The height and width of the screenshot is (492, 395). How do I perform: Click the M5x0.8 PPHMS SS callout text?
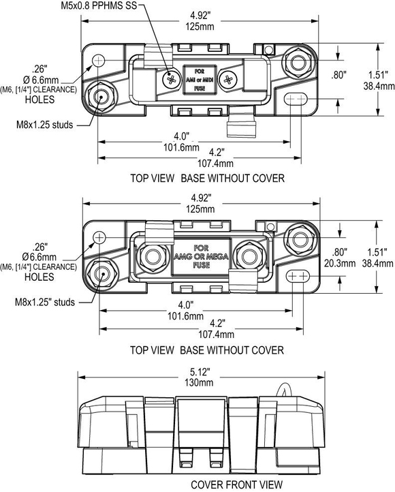(x=99, y=5)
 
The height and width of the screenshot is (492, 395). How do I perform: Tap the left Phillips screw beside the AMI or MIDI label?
(x=172, y=79)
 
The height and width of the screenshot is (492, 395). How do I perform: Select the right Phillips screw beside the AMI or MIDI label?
(x=228, y=79)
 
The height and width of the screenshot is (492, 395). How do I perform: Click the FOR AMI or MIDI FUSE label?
(x=200, y=80)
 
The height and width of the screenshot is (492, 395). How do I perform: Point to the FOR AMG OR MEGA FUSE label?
(x=202, y=256)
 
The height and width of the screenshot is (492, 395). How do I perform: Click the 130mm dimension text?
(x=199, y=382)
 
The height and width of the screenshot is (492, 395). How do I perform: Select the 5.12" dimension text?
(x=200, y=372)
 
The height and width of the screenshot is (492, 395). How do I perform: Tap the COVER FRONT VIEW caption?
(x=237, y=485)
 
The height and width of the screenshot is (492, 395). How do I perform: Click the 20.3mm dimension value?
(x=340, y=263)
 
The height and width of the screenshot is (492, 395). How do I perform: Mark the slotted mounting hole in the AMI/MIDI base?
(x=295, y=99)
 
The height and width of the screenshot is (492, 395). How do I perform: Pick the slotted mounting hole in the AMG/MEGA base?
(x=298, y=276)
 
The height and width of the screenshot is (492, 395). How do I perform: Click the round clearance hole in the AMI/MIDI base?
(x=99, y=59)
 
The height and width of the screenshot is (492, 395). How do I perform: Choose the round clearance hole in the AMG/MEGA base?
(x=99, y=237)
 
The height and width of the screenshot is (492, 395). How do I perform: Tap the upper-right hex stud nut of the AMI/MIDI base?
(x=298, y=62)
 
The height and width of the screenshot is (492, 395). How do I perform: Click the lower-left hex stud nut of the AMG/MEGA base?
(x=101, y=274)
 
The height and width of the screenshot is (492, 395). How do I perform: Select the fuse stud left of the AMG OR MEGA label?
(x=153, y=256)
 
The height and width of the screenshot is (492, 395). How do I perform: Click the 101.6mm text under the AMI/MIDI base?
(x=181, y=147)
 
